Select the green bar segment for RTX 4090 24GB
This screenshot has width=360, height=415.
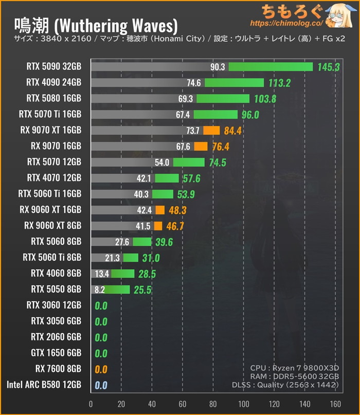(234, 83)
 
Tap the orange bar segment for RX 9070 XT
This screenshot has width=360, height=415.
(211, 131)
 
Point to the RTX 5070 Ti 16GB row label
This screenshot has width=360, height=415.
(50, 114)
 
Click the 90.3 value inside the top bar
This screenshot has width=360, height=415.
(218, 67)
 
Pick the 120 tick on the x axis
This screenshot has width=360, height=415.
(274, 404)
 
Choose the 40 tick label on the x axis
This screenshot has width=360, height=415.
(152, 404)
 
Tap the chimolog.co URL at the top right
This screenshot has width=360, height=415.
(286, 24)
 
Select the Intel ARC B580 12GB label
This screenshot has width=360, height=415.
(44, 385)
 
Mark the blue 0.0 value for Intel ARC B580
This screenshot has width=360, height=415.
(101, 385)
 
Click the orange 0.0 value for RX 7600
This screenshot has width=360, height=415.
(101, 369)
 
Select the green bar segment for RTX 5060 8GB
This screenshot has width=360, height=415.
(142, 242)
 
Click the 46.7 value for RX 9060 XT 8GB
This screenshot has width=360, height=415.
(175, 226)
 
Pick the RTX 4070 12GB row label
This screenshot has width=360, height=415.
(54, 178)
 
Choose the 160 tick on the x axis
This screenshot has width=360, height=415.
(335, 404)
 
